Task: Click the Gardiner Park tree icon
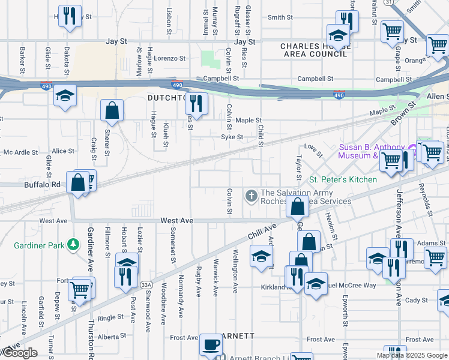73,244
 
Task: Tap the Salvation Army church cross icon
251,194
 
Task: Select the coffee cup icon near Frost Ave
211,344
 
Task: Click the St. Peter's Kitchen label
343,179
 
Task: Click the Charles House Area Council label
313,50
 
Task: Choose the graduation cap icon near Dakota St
65,96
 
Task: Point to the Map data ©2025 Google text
411,355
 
